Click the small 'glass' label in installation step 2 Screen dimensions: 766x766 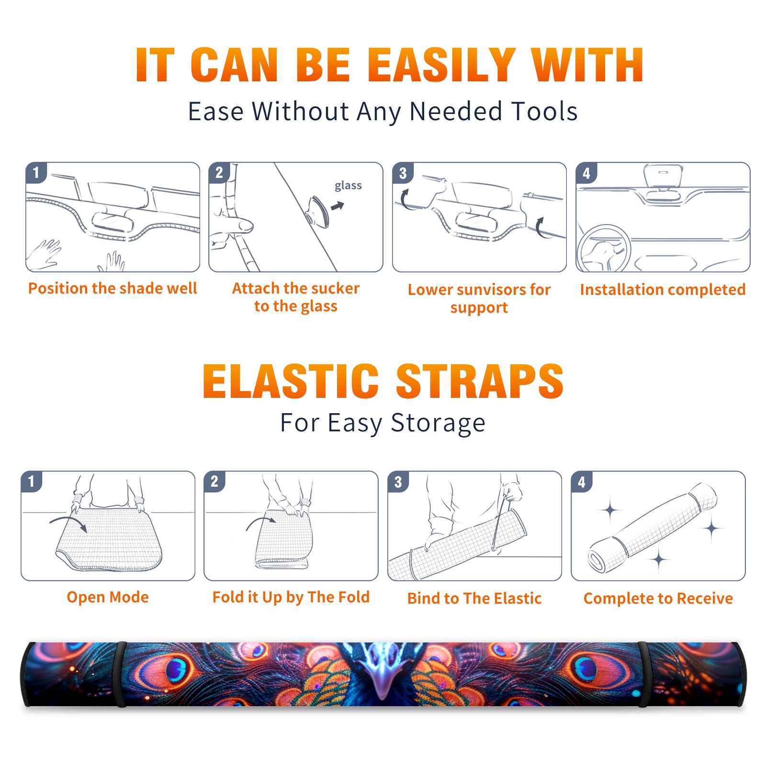pyautogui.click(x=348, y=186)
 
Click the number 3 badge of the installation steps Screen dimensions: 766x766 pyautogui.click(x=403, y=173)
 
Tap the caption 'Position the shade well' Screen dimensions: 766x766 pyautogui.click(x=113, y=288)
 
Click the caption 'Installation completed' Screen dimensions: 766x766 pyautogui.click(x=663, y=289)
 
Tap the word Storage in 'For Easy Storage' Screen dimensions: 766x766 pyautogui.click(x=438, y=423)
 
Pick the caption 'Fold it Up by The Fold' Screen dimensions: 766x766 pyautogui.click(x=291, y=597)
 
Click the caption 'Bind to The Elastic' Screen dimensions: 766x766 pyautogui.click(x=474, y=598)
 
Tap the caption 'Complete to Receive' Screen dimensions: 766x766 pyautogui.click(x=658, y=598)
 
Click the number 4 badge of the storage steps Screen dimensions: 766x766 pyautogui.click(x=582, y=482)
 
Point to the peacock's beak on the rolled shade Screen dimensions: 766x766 pyautogui.click(x=383, y=680)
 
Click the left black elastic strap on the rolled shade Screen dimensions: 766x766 pyautogui.click(x=120, y=674)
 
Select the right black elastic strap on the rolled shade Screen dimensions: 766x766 pyautogui.click(x=644, y=674)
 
